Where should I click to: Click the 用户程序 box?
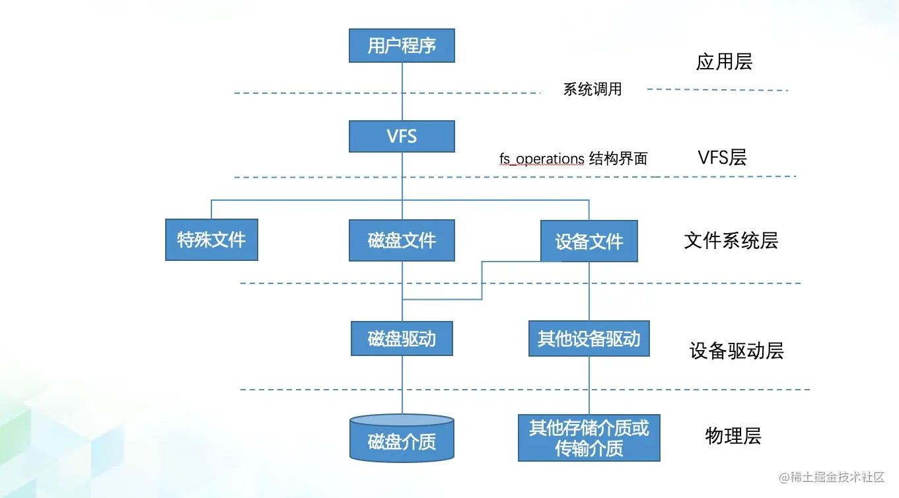(x=402, y=46)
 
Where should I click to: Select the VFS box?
(x=402, y=137)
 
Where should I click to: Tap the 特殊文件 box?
(x=211, y=240)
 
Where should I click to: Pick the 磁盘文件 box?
(x=402, y=240)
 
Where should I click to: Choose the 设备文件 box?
(x=589, y=242)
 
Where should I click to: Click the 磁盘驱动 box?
(x=402, y=339)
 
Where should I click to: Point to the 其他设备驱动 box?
(x=589, y=339)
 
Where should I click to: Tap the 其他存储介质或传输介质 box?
(x=589, y=438)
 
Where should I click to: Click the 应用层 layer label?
(x=724, y=61)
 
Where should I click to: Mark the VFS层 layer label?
(x=722, y=157)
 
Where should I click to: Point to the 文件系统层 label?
(x=731, y=240)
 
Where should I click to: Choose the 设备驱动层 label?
(x=737, y=350)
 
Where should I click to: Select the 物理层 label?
(x=733, y=436)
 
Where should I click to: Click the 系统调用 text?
(x=593, y=89)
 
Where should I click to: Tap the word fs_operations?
(x=542, y=159)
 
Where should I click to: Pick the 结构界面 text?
(x=618, y=159)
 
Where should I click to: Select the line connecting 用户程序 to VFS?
(x=402, y=92)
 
